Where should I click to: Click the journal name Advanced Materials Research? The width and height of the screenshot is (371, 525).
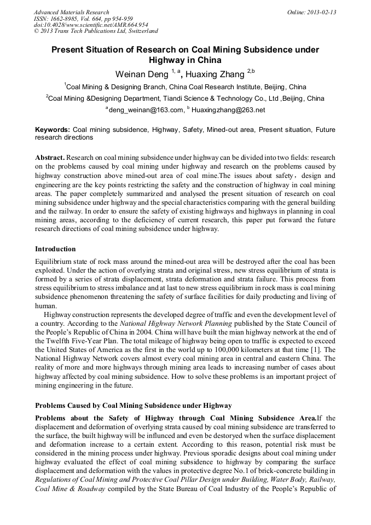click(x=71, y=12)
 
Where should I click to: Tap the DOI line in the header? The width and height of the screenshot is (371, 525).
click(x=91, y=25)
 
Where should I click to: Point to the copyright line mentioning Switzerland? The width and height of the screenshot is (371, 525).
click(x=96, y=31)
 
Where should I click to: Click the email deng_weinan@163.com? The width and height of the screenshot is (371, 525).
click(x=146, y=110)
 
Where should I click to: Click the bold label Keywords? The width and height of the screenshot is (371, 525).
click(x=52, y=130)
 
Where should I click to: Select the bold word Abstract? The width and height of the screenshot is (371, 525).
click(x=51, y=157)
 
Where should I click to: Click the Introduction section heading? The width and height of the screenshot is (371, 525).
click(x=55, y=249)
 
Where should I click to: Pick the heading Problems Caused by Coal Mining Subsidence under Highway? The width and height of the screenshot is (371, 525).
click(x=134, y=406)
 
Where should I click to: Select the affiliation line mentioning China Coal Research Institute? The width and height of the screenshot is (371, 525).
click(x=186, y=87)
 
